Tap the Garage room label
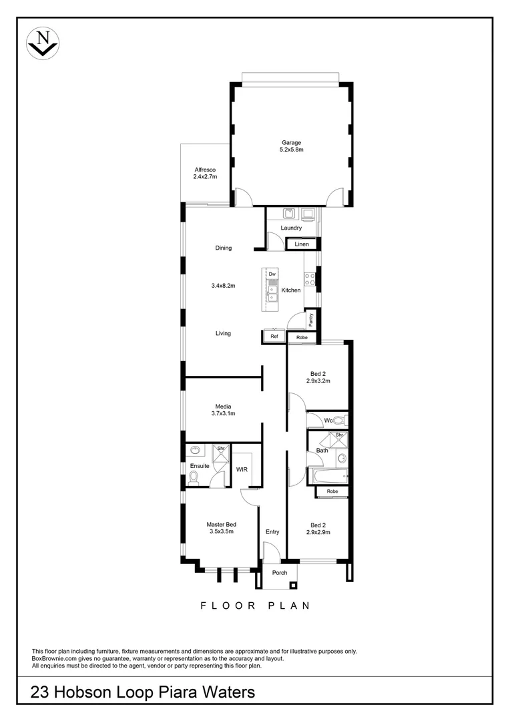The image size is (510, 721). [x=291, y=142]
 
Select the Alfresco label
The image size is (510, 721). [x=205, y=170]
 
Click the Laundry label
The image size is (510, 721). [x=291, y=228]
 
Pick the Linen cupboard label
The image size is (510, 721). [x=302, y=244]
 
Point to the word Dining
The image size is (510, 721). [x=223, y=248]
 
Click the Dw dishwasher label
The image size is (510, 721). [x=272, y=274]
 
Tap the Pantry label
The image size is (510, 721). [x=310, y=320]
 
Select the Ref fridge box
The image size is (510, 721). [x=274, y=337]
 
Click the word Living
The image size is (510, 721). [x=223, y=333]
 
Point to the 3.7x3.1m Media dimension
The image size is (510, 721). [x=223, y=414]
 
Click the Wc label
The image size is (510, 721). [x=328, y=421]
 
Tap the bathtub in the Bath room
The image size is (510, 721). [x=330, y=476]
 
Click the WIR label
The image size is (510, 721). [x=242, y=469]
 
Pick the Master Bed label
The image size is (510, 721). [x=221, y=524]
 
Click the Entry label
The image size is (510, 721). [x=272, y=531]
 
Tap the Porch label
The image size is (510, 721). [x=280, y=572]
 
